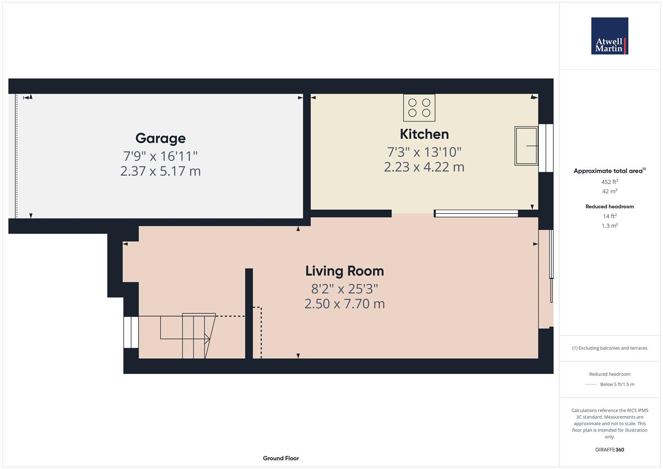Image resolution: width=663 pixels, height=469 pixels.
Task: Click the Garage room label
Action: pyautogui.click(x=160, y=138)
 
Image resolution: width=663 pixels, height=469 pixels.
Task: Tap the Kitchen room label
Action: pyautogui.click(x=424, y=134)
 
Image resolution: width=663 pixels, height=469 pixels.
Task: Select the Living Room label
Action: pyautogui.click(x=344, y=271)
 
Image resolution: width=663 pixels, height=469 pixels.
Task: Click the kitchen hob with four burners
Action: pyautogui.click(x=419, y=108)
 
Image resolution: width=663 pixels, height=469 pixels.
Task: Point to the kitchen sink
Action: pyautogui.click(x=526, y=146)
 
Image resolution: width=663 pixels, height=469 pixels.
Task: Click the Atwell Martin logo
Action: pyautogui.click(x=609, y=36)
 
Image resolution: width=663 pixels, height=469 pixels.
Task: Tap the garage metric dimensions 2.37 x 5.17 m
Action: pyautogui.click(x=160, y=171)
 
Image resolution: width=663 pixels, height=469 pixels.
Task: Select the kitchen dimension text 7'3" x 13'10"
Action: pyautogui.click(x=424, y=152)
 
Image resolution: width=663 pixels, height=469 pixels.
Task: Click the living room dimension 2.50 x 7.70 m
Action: pyautogui.click(x=344, y=304)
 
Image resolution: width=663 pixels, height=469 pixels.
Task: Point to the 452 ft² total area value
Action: pyautogui.click(x=609, y=182)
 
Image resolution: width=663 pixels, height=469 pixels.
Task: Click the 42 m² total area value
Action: pyautogui.click(x=609, y=192)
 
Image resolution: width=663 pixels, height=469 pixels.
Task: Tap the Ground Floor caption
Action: pyautogui.click(x=280, y=458)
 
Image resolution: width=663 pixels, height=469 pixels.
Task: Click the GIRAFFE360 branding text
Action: pyautogui.click(x=609, y=450)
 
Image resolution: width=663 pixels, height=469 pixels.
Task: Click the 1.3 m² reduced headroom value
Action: pyautogui.click(x=609, y=226)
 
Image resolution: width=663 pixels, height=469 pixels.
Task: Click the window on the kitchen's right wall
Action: pyautogui.click(x=546, y=148)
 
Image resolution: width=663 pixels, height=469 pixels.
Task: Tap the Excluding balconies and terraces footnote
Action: pyautogui.click(x=609, y=348)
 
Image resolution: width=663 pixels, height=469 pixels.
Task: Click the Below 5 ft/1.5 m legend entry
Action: pyautogui.click(x=617, y=384)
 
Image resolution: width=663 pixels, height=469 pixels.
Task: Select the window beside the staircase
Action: pyautogui.click(x=131, y=332)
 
